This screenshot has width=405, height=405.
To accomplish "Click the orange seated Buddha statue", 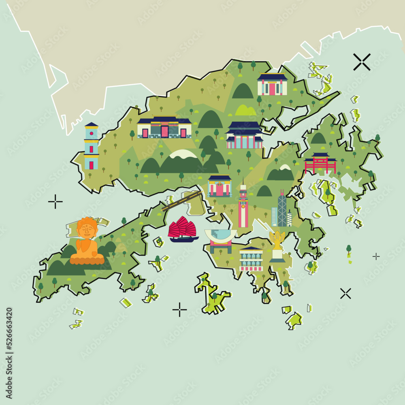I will click(x=86, y=242).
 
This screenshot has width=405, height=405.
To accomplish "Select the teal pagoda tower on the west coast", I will click(x=91, y=146).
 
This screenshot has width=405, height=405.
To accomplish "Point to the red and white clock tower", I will click(x=243, y=207).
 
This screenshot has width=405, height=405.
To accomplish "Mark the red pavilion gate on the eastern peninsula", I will click(x=320, y=163).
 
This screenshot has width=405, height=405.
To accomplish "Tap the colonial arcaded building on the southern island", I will click(x=251, y=259).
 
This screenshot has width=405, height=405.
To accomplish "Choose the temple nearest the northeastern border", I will click(x=272, y=85).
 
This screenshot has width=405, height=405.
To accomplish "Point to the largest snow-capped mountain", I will click(x=182, y=162).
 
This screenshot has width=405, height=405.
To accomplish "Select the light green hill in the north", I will click(x=245, y=110).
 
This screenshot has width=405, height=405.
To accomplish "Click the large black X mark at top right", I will click(x=362, y=62).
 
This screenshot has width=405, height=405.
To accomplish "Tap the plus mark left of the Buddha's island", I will click(x=55, y=201).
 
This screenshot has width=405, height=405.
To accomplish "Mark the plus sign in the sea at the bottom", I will click(x=179, y=309).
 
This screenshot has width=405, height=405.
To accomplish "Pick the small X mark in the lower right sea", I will click(x=345, y=293).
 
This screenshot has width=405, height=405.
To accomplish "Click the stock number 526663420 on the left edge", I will click(x=9, y=335).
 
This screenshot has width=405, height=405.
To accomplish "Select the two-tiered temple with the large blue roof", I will click(x=244, y=135).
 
